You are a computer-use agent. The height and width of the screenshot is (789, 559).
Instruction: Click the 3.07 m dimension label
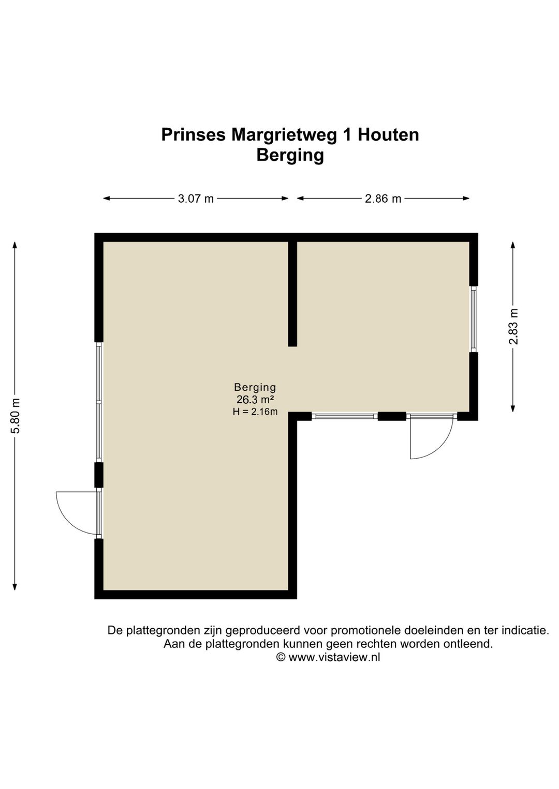pyautogui.click(x=196, y=199)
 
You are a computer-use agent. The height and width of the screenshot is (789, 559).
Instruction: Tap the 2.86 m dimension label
pyautogui.click(x=383, y=199)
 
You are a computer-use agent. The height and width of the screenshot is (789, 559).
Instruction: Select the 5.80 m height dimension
pyautogui.click(x=16, y=416)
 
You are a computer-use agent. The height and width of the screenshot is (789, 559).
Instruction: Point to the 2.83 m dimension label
pyautogui.click(x=513, y=327)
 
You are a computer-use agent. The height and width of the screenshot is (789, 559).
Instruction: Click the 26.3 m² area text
pyautogui.click(x=255, y=400)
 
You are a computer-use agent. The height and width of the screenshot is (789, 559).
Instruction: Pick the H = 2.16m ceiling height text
pyautogui.click(x=255, y=412)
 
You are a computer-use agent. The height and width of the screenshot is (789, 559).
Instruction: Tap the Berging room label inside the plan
pyautogui.click(x=255, y=387)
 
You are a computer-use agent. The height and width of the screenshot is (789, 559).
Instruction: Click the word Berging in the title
pyautogui.click(x=290, y=155)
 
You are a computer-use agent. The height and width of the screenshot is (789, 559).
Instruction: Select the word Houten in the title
pyautogui.click(x=388, y=135)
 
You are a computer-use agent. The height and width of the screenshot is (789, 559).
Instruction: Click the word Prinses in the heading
pyautogui.click(x=194, y=135)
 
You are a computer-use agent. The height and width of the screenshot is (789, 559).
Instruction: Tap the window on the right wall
pyautogui.click(x=474, y=319)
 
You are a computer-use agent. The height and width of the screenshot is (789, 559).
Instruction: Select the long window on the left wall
pyautogui.click(x=99, y=402)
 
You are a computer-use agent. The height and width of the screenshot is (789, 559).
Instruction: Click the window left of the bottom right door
pyautogui.click(x=345, y=416)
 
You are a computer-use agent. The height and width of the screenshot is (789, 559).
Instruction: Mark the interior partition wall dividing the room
pyautogui.click(x=292, y=293)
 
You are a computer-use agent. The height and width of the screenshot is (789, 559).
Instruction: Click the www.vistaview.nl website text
pyautogui.click(x=334, y=657)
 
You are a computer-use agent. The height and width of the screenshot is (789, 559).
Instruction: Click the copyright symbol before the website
pyautogui.click(x=281, y=657)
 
